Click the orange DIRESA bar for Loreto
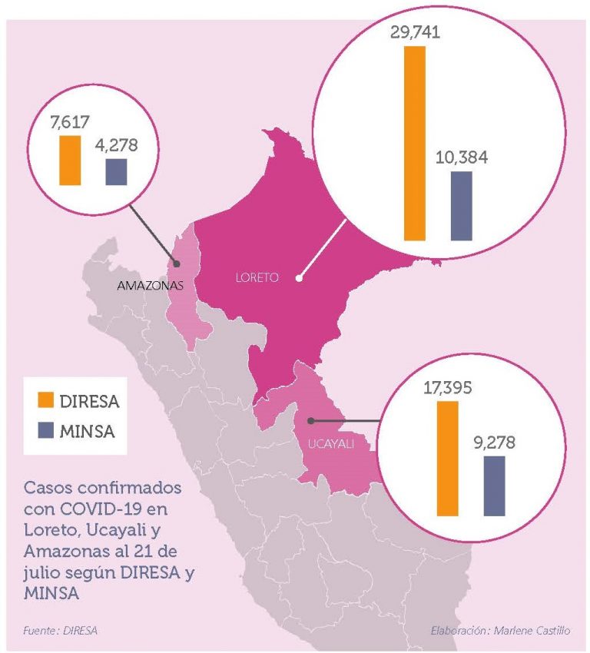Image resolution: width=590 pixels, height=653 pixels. pos(415,143)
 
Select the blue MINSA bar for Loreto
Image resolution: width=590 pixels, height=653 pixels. pos(462,206)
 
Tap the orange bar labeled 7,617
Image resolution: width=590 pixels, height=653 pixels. pos(70,161)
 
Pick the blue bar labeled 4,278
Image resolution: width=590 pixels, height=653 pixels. pos(116,172)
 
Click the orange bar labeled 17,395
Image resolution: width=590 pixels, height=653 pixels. pos(448,459)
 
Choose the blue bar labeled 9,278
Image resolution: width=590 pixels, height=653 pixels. pos(495,486)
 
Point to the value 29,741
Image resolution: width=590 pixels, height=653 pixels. pos(415,32)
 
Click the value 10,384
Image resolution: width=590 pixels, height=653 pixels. pos(462,157)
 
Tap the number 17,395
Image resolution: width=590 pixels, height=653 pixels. pos(448,388)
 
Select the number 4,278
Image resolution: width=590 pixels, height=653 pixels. pos(116,145)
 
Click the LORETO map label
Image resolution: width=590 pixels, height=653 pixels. pos(257,277)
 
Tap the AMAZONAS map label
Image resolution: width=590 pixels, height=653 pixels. pos(151,286)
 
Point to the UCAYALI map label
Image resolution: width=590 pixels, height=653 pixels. pos(331,444)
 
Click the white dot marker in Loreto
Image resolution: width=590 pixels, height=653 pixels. pos(299,279)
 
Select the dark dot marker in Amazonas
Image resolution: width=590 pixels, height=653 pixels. pos(177,264)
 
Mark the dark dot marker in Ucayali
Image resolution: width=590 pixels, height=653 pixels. pos(310,421)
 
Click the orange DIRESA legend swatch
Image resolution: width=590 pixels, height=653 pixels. pos(46,399)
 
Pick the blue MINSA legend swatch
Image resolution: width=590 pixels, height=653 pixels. pos(46,430)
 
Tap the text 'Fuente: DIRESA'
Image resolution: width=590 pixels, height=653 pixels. pos(61,631)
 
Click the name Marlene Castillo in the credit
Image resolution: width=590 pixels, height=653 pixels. pos(532,631)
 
